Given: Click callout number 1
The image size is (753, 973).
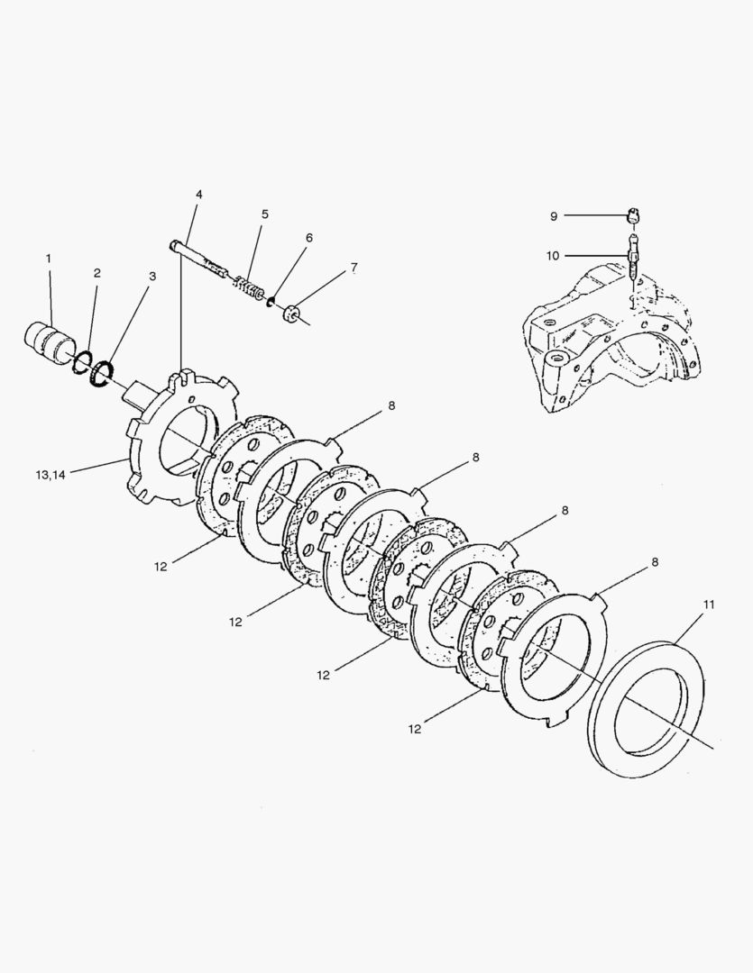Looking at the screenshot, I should tap(49, 259).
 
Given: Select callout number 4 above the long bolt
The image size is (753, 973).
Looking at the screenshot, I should tap(198, 195).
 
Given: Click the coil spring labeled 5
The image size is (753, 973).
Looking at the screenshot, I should tap(248, 287).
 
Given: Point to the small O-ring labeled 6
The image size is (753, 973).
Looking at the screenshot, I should tap(271, 301).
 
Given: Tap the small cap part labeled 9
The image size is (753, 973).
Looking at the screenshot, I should tap(635, 214).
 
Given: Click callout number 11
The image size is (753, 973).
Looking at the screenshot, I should tap(709, 604).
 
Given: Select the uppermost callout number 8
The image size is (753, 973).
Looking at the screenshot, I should tap(391, 406).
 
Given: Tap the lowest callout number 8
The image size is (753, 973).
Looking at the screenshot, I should tap(655, 561).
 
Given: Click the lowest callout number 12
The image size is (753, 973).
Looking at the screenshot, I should tap(415, 729).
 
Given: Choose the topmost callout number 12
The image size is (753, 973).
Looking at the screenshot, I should tap(161, 567).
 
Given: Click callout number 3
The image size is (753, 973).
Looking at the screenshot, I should tap(152, 277).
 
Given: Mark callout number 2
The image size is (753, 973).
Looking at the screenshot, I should tap(96, 272).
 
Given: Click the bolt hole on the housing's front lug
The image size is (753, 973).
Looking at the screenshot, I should tap(556, 360).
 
